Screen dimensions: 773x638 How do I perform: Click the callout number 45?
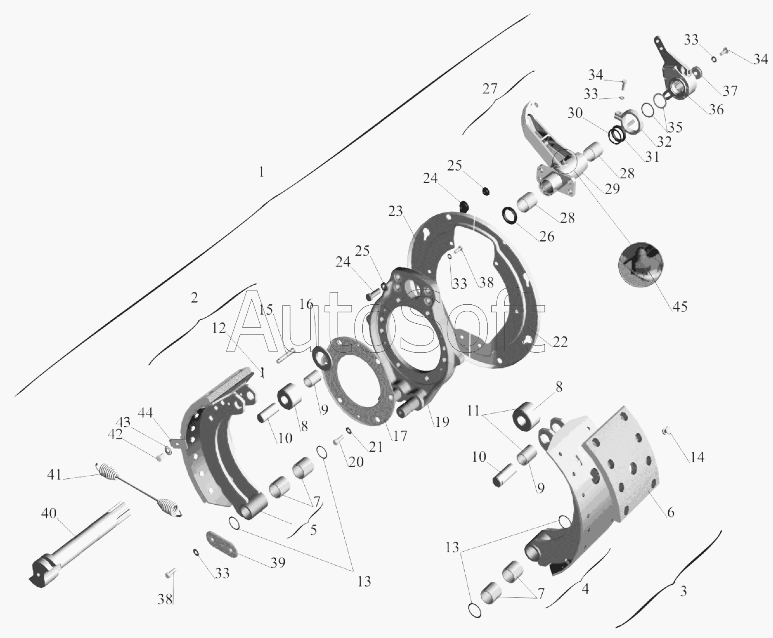click(x=680, y=306)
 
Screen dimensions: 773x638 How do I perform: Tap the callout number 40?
click(x=49, y=513)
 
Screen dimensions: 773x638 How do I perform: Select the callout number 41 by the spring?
click(x=54, y=475)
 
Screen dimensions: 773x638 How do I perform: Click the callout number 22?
click(x=560, y=342)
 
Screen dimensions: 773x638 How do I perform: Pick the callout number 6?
click(x=670, y=512)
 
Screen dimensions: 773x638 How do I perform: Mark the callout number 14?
click(x=697, y=457)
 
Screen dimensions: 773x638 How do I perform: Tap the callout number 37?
click(x=730, y=90)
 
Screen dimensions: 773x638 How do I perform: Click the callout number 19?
click(x=441, y=421)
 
